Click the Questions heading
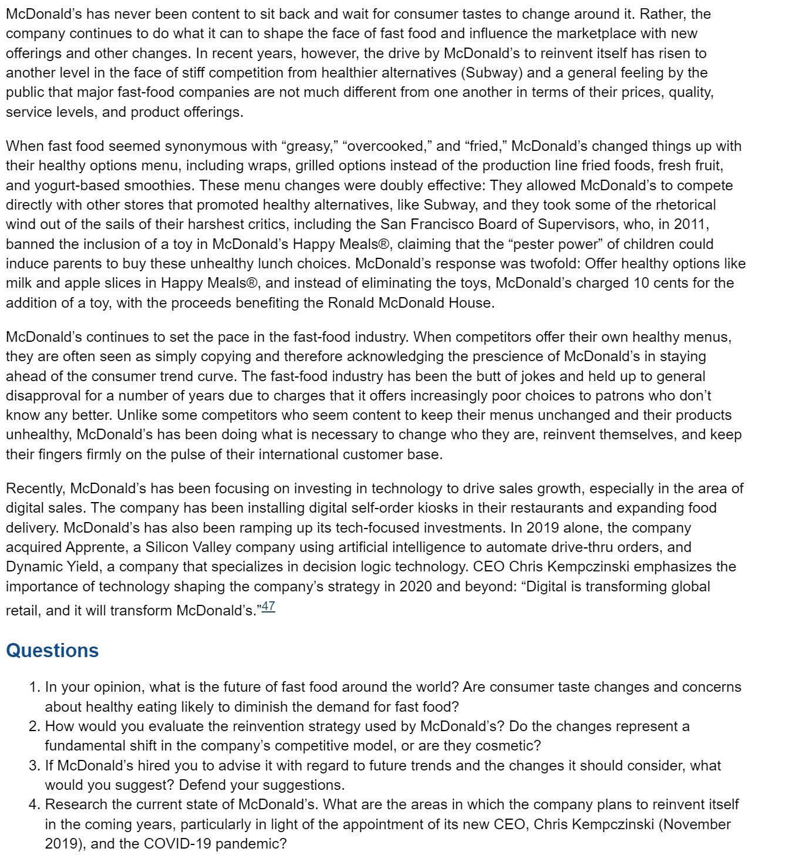click(52, 651)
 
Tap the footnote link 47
click(268, 607)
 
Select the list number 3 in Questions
click(34, 766)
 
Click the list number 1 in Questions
click(34, 687)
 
